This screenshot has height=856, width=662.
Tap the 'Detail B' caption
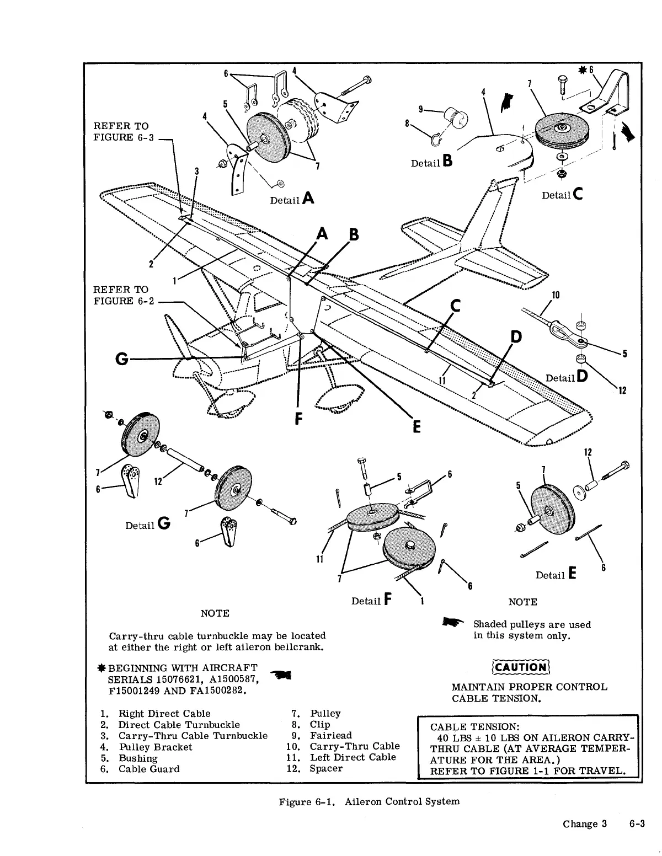click(432, 162)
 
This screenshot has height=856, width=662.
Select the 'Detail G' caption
click(147, 525)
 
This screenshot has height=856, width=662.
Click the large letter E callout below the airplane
click(417, 427)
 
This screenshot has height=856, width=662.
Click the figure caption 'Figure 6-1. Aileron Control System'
click(369, 801)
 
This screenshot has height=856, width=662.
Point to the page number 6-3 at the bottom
click(637, 824)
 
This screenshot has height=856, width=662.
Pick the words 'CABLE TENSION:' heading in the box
click(475, 727)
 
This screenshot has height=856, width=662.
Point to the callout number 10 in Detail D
click(556, 295)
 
